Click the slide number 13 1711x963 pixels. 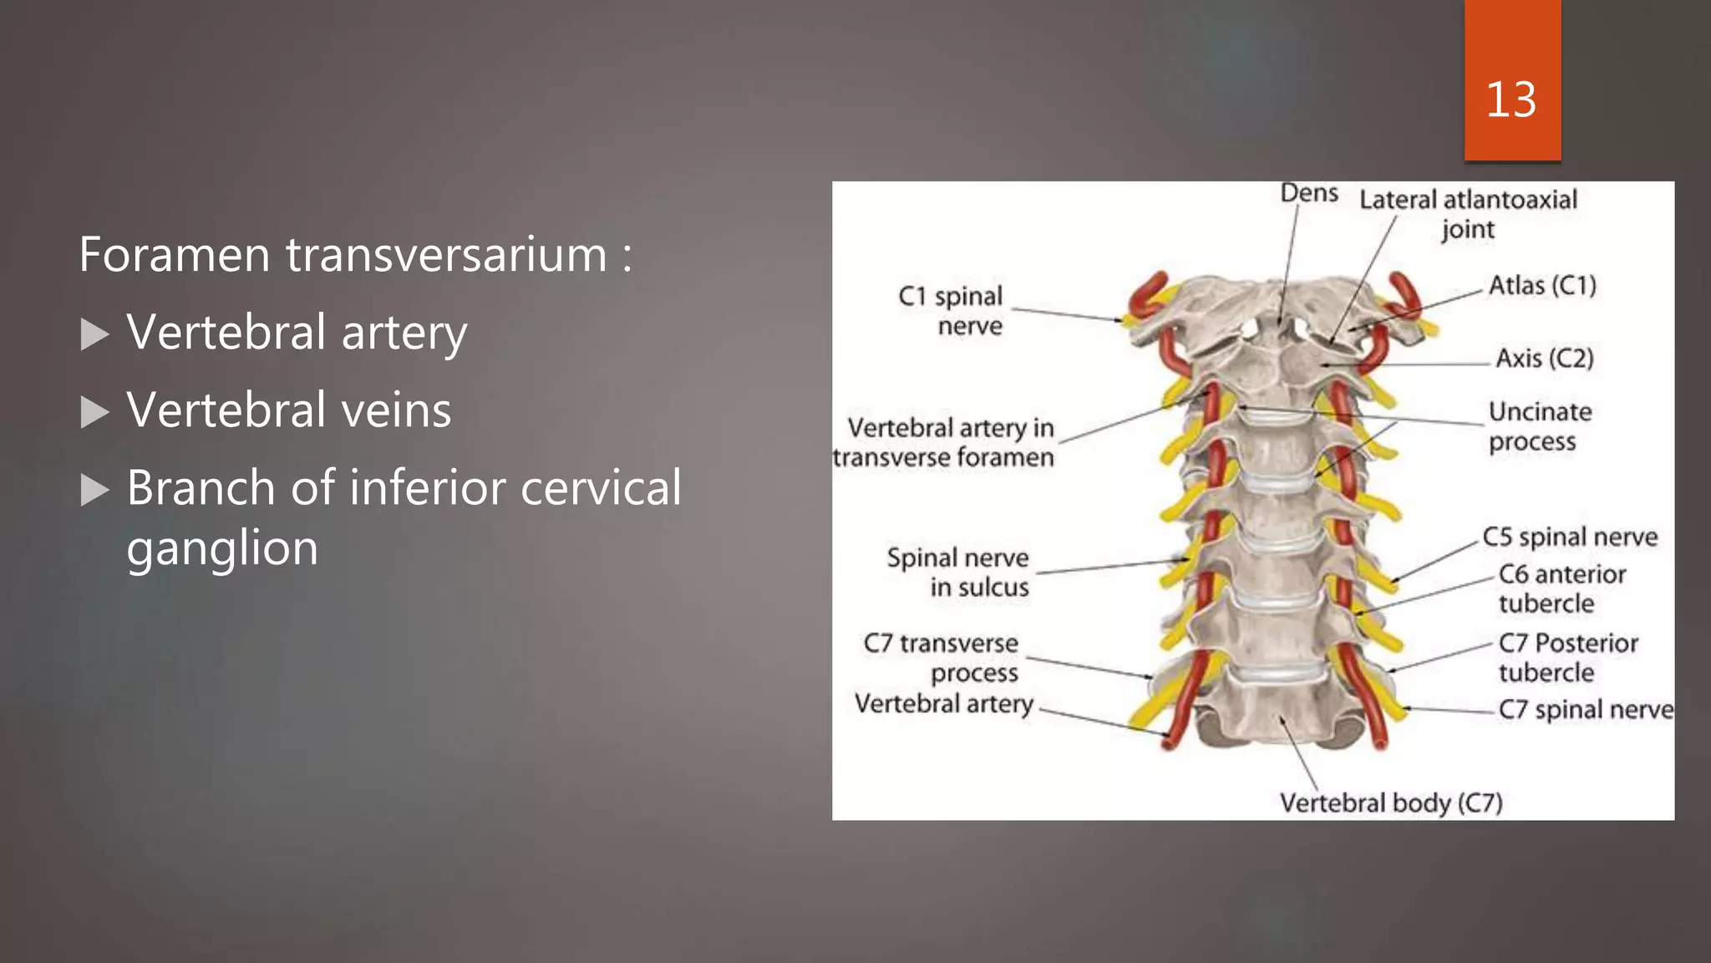[x=1510, y=100]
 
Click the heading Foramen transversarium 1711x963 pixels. [x=355, y=255]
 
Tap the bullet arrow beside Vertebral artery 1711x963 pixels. [x=95, y=334]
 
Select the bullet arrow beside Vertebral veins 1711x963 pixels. [x=95, y=412]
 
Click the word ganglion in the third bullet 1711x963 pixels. [x=222, y=549]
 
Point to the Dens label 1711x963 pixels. [x=1309, y=194]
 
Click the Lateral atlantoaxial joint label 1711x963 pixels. [x=1468, y=214]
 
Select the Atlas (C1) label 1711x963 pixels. [x=1542, y=286]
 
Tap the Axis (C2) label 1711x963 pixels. [x=1545, y=359]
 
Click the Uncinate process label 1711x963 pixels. [x=1540, y=426]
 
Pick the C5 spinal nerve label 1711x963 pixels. [x=1570, y=538]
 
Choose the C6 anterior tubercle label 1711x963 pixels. [x=1561, y=588]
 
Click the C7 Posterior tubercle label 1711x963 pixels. [x=1567, y=657]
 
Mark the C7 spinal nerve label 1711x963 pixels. [x=1586, y=711]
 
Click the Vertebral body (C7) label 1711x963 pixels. [x=1391, y=803]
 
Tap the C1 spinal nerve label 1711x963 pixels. [x=951, y=311]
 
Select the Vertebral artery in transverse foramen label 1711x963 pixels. [x=944, y=442]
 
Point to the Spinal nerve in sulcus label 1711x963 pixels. [x=958, y=573]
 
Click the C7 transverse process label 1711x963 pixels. [x=941, y=658]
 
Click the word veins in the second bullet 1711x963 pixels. [x=395, y=410]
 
